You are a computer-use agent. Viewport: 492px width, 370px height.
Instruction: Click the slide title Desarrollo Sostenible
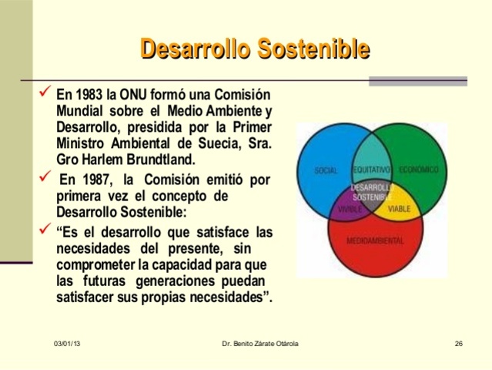255,49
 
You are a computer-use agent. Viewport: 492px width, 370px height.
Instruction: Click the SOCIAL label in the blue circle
326,170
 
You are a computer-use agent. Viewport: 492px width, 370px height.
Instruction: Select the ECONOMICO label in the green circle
419,169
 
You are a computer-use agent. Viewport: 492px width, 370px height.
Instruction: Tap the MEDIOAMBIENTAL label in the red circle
375,240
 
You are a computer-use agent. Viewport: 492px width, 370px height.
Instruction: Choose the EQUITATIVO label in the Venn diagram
372,169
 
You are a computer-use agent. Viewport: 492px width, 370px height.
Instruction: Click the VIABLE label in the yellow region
399,209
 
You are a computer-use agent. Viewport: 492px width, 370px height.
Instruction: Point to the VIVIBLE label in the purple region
350,209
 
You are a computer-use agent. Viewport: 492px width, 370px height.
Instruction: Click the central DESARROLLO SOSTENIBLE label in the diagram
373,192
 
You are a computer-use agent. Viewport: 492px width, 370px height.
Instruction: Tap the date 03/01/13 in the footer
67,342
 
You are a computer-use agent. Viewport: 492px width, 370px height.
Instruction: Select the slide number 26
458,342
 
